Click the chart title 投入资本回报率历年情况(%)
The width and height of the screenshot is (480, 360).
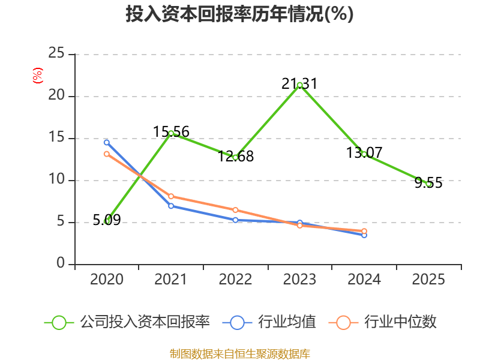(239, 14)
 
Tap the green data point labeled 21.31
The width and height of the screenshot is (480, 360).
(299, 85)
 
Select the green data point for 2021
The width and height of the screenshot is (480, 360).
(171, 133)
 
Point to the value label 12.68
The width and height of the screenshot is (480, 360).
(236, 156)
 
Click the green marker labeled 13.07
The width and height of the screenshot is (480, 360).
(364, 154)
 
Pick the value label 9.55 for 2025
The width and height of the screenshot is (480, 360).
(428, 183)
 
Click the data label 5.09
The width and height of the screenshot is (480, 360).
(107, 220)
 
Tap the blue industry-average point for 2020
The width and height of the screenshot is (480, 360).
(107, 143)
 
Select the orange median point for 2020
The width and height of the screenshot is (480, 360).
(107, 154)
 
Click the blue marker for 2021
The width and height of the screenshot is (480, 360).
(171, 206)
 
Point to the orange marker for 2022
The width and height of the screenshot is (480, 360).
(235, 210)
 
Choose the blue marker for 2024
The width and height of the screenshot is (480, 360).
(364, 235)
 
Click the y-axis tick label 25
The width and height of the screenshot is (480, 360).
(56, 53)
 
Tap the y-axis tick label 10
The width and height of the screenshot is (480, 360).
(56, 179)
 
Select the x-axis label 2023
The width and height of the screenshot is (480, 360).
(299, 280)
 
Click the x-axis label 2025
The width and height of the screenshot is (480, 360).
(428, 280)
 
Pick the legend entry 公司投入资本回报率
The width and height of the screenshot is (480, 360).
(127, 322)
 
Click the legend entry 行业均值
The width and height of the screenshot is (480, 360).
(269, 322)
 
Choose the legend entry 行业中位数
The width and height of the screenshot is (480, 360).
(382, 322)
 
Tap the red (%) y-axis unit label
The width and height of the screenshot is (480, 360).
(38, 76)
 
